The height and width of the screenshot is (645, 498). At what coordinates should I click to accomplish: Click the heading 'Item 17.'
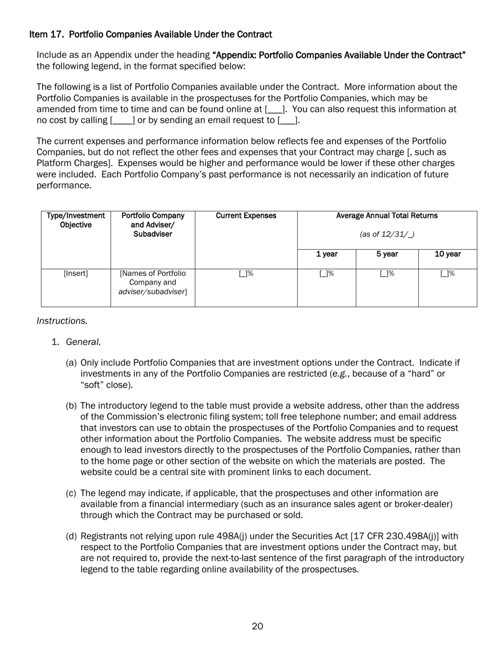click(x=47, y=35)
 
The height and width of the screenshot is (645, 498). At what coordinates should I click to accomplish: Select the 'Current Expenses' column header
click(x=246, y=216)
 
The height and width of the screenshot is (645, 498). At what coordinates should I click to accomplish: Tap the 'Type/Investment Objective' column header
click(x=75, y=220)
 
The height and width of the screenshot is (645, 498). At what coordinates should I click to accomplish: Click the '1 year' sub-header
click(x=326, y=254)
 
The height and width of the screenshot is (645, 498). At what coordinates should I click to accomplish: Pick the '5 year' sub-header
click(x=387, y=254)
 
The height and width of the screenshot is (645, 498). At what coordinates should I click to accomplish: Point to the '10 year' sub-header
click(x=448, y=254)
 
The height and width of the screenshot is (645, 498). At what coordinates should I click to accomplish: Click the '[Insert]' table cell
click(x=75, y=273)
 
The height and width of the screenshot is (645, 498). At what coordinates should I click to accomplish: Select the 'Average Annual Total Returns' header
click(x=387, y=216)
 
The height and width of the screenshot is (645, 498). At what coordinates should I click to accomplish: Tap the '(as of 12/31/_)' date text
click(x=387, y=234)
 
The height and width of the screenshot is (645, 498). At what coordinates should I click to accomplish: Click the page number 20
click(x=257, y=626)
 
